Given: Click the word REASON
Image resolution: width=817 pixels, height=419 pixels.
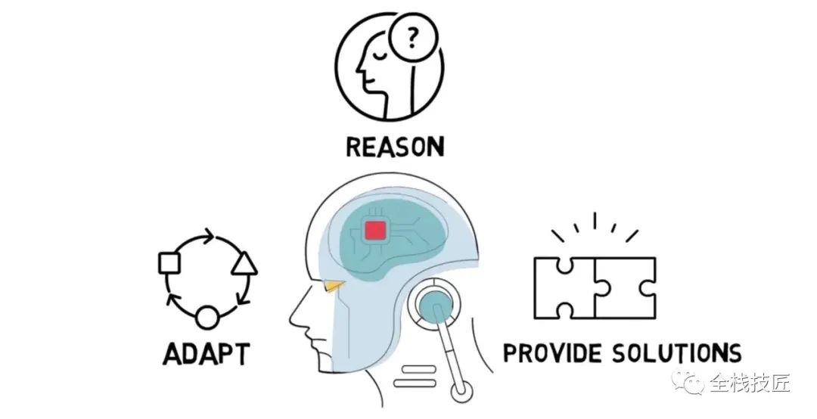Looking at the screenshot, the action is click(394, 147).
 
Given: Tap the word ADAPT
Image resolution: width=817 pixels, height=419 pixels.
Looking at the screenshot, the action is click(206, 354).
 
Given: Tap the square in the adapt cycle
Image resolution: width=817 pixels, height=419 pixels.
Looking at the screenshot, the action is click(168, 263).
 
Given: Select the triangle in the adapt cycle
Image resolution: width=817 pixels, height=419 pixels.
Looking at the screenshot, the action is click(244, 263).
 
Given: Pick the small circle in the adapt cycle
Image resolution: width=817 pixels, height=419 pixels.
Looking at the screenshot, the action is click(207, 317).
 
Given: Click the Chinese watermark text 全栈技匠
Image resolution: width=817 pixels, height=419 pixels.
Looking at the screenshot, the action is click(749, 383).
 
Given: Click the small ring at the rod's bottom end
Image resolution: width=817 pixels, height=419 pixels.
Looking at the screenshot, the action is click(458, 393).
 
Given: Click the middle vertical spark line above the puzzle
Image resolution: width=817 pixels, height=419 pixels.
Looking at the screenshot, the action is click(594, 221).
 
